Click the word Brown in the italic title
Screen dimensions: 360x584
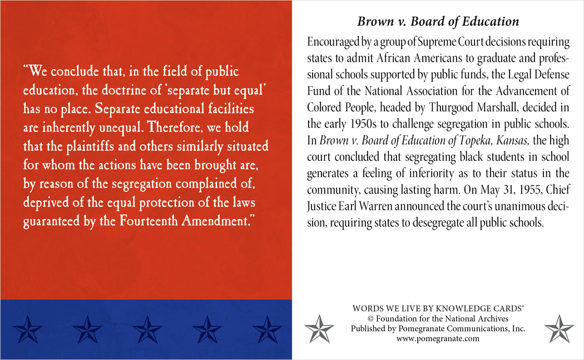[374, 22]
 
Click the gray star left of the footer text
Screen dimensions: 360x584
[320, 328]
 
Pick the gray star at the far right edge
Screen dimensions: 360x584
[558, 328]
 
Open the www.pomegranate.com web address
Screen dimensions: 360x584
[438, 338]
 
